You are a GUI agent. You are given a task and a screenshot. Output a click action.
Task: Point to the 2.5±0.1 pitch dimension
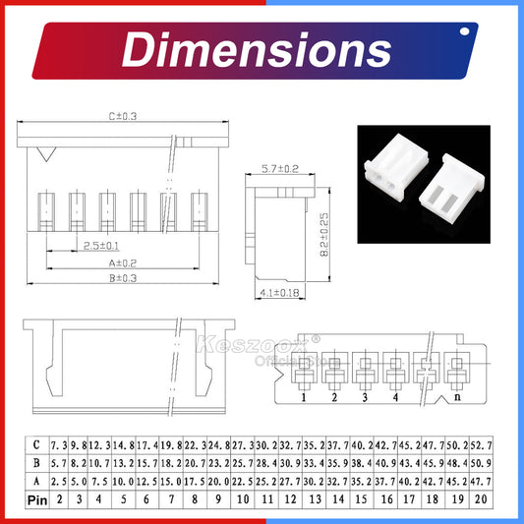pyautogui.click(x=103, y=244)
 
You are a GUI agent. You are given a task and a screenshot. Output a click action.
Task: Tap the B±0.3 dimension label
pyautogui.click(x=124, y=278)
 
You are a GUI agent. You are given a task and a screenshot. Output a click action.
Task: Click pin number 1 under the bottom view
pyautogui.click(x=305, y=397)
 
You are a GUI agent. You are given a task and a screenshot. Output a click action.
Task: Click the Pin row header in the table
pyautogui.click(x=37, y=499)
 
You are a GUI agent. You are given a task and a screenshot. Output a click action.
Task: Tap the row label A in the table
pyautogui.click(x=37, y=481)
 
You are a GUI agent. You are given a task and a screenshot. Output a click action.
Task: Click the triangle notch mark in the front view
pyautogui.click(x=44, y=153)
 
